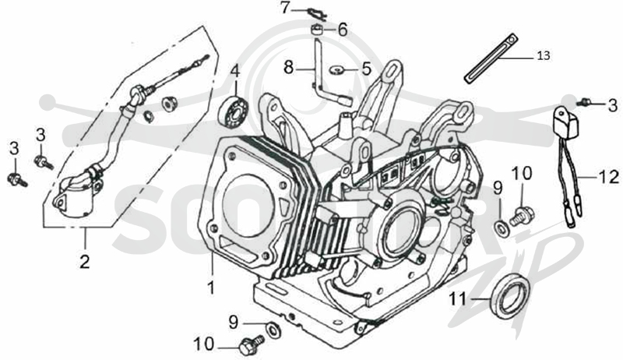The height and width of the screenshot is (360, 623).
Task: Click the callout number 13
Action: tap(544, 56)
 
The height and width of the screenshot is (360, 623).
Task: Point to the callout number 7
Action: tap(285, 8)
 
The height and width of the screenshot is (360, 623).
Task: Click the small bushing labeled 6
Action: tap(317, 30)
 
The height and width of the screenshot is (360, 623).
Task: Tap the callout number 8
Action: tap(288, 68)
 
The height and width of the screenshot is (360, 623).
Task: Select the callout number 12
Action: tap(608, 177)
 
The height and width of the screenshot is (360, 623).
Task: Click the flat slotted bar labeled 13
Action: tap(491, 58)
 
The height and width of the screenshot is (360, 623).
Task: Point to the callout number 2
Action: tap(84, 262)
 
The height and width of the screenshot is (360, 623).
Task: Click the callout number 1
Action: tap(211, 288)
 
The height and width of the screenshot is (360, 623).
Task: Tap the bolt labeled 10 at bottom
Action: tap(252, 344)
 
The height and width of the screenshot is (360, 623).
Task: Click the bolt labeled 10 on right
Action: tap(521, 215)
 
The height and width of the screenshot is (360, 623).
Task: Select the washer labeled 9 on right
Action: tap(502, 228)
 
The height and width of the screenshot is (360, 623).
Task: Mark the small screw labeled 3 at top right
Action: tap(584, 102)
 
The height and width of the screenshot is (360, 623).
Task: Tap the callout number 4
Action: tap(236, 72)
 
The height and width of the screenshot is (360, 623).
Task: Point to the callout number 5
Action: tap(366, 69)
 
